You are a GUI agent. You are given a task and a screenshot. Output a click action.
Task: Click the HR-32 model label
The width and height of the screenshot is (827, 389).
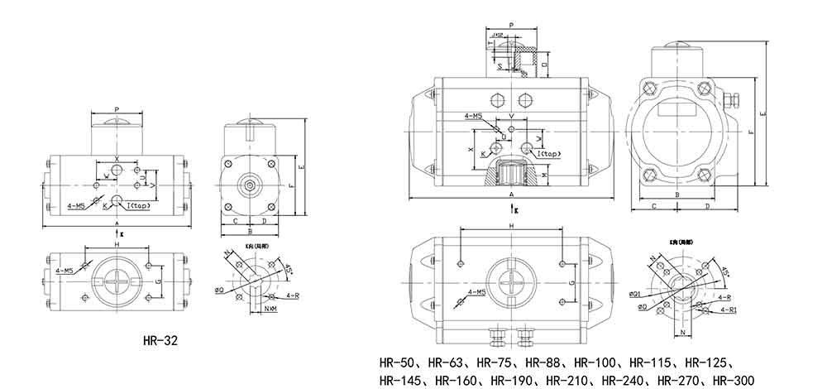pos(160,339)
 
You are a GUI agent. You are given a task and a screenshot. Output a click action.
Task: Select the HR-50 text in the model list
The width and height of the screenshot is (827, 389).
pos(396,362)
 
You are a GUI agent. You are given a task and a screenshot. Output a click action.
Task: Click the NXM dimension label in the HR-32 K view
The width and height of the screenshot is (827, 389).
pos(270,310)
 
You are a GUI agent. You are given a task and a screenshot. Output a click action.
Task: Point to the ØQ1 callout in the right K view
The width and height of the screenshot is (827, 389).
pos(636,294)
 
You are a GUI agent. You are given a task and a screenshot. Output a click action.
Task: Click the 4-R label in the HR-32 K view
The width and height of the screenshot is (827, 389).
pos(291,295)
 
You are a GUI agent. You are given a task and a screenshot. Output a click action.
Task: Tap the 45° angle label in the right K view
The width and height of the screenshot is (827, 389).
pos(725,272)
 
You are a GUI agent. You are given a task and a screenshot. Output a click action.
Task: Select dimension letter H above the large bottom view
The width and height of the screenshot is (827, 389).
pos(512,226)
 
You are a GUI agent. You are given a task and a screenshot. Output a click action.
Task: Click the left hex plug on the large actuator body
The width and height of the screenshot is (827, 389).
pos(497,98)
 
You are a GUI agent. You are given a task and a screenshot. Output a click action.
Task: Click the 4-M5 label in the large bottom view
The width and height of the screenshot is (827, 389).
pos(475,292)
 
